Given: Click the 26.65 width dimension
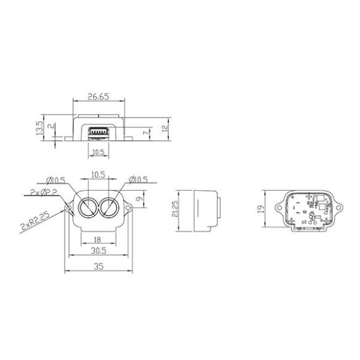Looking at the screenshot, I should click(98, 96).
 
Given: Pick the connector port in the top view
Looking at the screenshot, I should click(98, 132).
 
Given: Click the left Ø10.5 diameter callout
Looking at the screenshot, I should click(58, 180).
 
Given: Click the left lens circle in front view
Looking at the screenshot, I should click(87, 207).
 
